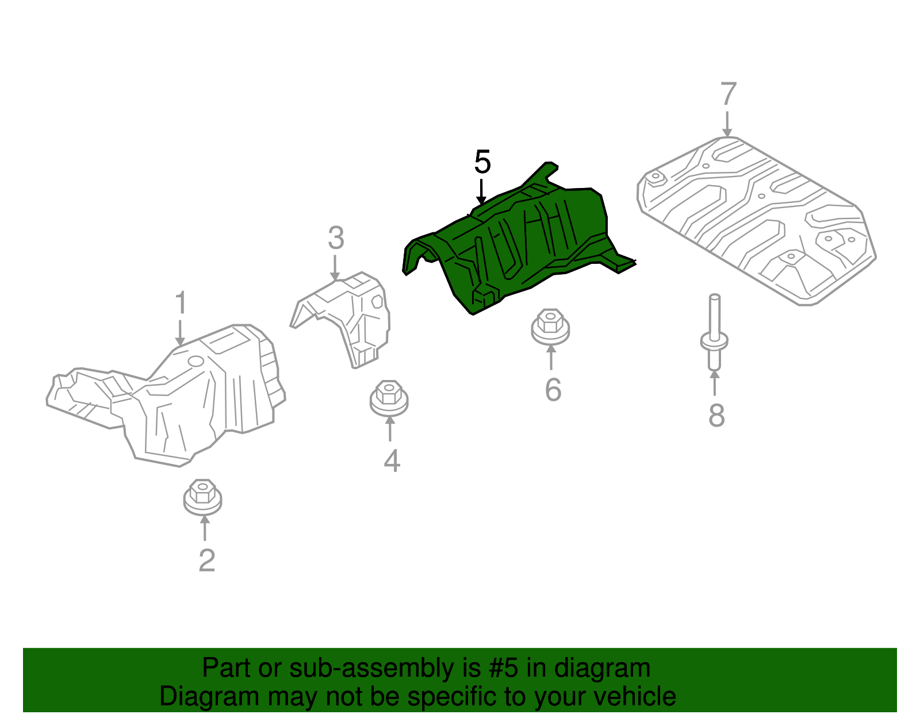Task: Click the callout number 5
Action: pyautogui.click(x=482, y=162)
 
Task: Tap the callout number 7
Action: pyautogui.click(x=728, y=94)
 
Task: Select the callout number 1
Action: pyautogui.click(x=181, y=303)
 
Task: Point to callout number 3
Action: pyautogui.click(x=336, y=238)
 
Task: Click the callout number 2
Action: pyautogui.click(x=206, y=560)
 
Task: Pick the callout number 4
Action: pyautogui.click(x=392, y=461)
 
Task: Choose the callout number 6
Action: pyautogui.click(x=553, y=390)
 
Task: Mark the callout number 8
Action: pyautogui.click(x=716, y=415)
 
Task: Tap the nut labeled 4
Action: pyautogui.click(x=389, y=397)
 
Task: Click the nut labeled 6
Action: pyautogui.click(x=550, y=326)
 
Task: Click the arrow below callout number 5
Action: pyautogui.click(x=481, y=191)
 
